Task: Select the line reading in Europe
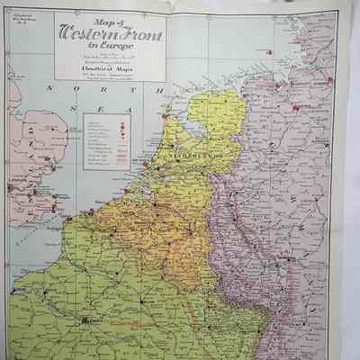pos(111,52)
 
